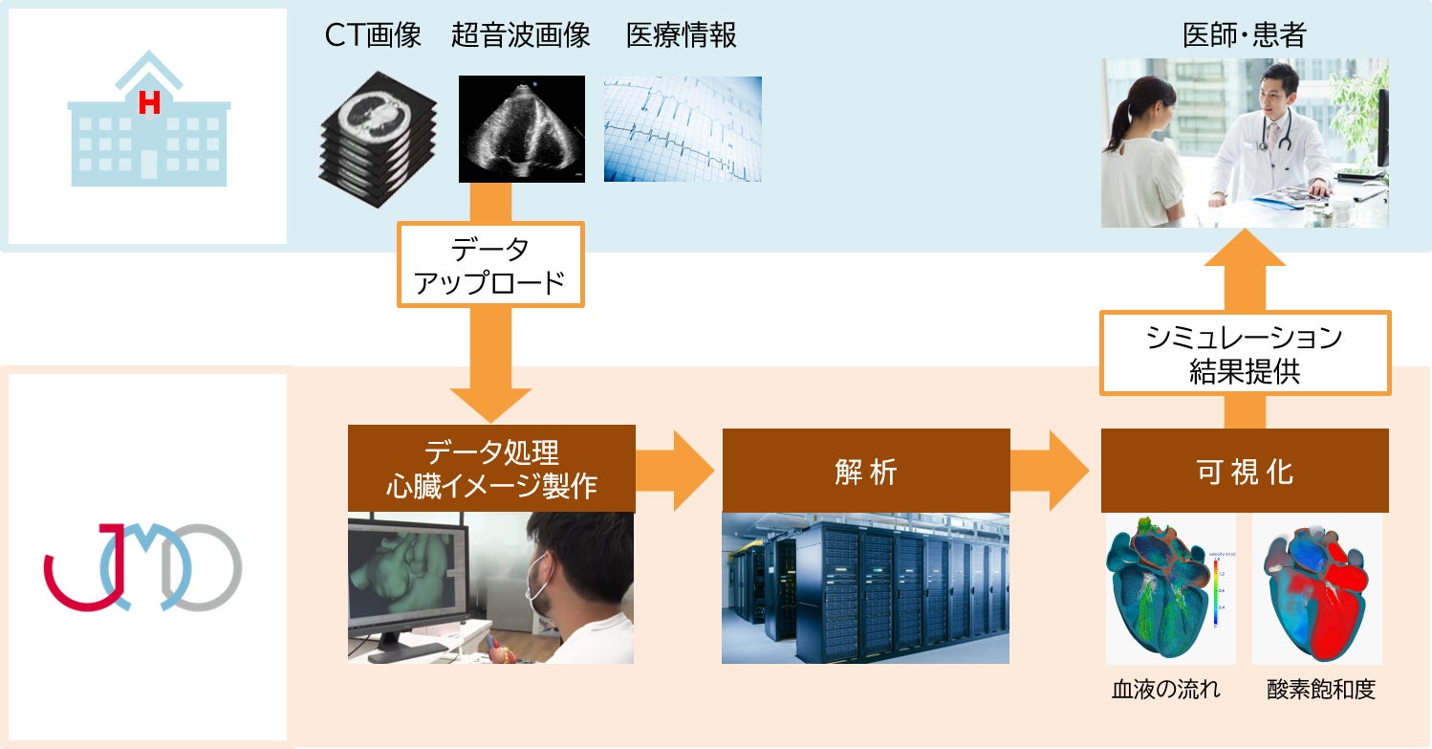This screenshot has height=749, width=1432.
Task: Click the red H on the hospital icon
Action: [x=148, y=102]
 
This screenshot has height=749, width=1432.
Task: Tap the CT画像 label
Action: [x=373, y=36]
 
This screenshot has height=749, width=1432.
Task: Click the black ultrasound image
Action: [x=522, y=129]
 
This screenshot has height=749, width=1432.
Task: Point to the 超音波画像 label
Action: [x=521, y=36]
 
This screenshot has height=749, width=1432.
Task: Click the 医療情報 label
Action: [x=682, y=36]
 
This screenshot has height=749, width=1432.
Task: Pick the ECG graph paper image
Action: [x=683, y=129]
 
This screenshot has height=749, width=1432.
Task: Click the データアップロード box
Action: [x=489, y=265]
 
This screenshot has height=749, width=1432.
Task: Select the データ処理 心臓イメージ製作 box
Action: [x=491, y=469]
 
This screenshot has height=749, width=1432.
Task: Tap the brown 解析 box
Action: [x=865, y=471]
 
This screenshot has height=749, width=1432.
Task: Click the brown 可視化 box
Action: [x=1245, y=471]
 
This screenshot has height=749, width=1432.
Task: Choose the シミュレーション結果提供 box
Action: [x=1245, y=353]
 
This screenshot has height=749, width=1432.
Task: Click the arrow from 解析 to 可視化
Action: [x=1048, y=471]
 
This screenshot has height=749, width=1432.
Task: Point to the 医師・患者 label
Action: [x=1245, y=36]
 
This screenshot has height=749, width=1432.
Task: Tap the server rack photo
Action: [x=865, y=588]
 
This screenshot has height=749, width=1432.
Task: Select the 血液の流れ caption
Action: [x=1165, y=690]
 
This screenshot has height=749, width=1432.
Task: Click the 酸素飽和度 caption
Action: [x=1321, y=690]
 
